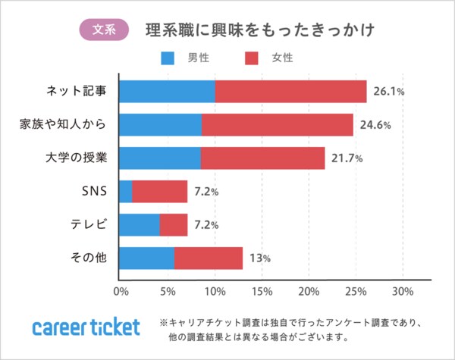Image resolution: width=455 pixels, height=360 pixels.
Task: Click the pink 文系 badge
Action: [x=104, y=30]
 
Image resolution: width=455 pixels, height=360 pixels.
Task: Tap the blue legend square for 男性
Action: [x=168, y=57]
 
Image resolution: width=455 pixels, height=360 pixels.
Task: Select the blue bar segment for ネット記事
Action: [x=168, y=91]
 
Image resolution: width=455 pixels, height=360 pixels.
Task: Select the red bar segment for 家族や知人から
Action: [x=278, y=124]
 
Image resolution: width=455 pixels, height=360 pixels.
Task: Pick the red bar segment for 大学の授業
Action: [x=262, y=158]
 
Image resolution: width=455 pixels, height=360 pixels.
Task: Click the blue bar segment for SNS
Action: [x=126, y=192]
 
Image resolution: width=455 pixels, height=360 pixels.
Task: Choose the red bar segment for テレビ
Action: [x=174, y=225]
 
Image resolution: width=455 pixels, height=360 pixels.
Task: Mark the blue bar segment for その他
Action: [x=147, y=258]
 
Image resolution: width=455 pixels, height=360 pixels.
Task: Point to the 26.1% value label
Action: [x=388, y=92]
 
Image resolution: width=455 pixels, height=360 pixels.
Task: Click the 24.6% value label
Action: [x=375, y=125]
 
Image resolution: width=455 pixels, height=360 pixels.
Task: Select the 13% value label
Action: [x=260, y=259]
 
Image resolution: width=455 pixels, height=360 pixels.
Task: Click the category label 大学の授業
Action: [x=77, y=158]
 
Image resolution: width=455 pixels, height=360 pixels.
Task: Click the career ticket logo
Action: [x=86, y=327]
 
